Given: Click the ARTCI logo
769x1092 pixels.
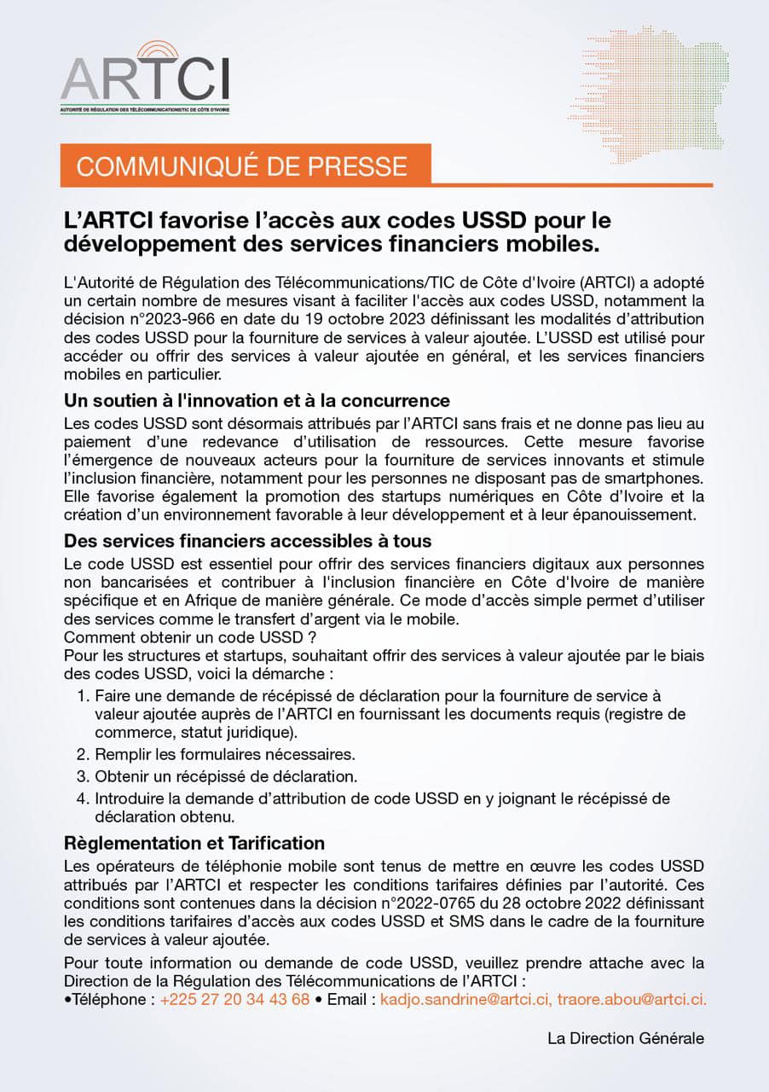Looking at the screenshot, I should pyautogui.click(x=145, y=78).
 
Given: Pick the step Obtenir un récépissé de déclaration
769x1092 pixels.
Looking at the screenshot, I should pyautogui.click(x=226, y=776).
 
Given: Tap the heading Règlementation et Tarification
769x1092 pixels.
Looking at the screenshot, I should pyautogui.click(x=195, y=843).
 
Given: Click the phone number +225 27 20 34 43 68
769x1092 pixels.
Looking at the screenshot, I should pyautogui.click(x=234, y=999).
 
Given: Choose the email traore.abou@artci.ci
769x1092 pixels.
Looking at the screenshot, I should pyautogui.click(x=632, y=999).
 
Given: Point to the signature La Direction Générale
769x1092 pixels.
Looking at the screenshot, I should pyautogui.click(x=626, y=1038).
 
